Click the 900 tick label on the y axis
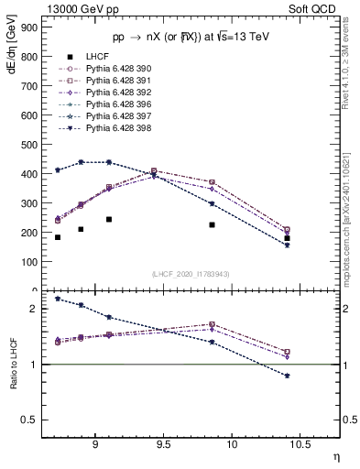[28, 27]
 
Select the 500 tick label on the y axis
[28, 145]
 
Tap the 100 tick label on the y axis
[28, 262]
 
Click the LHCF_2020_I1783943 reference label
[191, 274]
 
